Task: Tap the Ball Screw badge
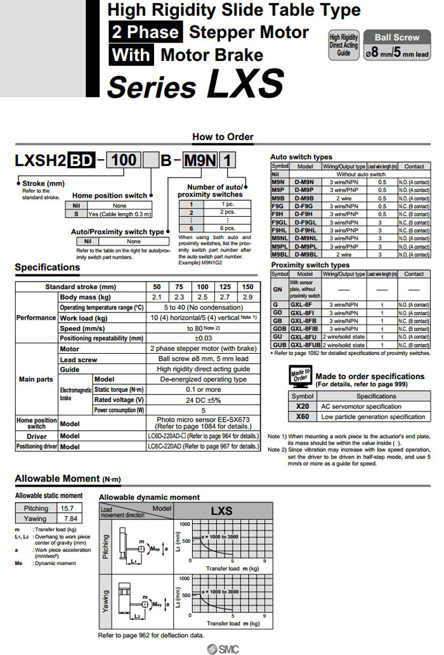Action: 396,38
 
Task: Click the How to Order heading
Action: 223,137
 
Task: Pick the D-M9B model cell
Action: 305,198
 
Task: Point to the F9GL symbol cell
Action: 279,223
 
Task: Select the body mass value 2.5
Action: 202,297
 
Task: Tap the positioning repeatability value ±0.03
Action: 202,339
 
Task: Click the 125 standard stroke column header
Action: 225,287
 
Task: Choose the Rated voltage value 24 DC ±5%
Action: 202,400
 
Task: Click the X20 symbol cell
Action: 303,406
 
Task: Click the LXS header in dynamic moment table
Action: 221,510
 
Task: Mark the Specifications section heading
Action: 48,268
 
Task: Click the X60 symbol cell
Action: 303,417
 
